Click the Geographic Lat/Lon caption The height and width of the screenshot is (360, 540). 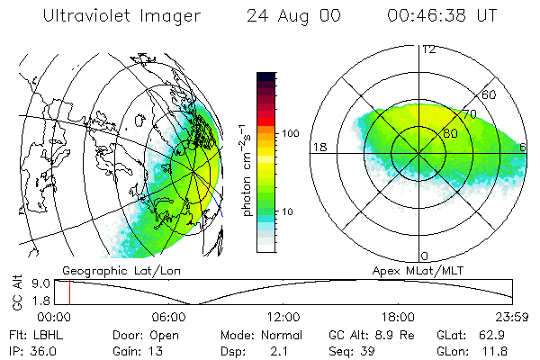pyautogui.click(x=105, y=270)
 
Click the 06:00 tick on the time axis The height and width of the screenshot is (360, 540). pyautogui.click(x=169, y=317)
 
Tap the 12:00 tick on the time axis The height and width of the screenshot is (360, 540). pyautogui.click(x=283, y=317)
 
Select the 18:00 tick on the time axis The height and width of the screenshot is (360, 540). pyautogui.click(x=398, y=317)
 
